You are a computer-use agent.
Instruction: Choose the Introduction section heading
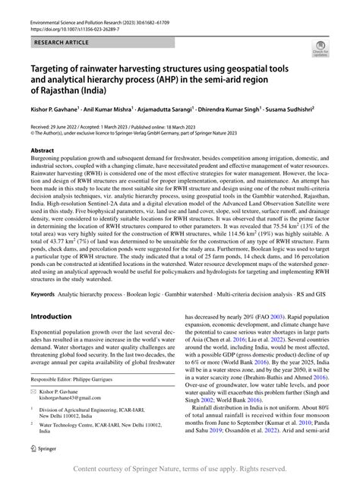[55, 337]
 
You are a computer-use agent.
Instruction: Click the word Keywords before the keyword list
[43, 314]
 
